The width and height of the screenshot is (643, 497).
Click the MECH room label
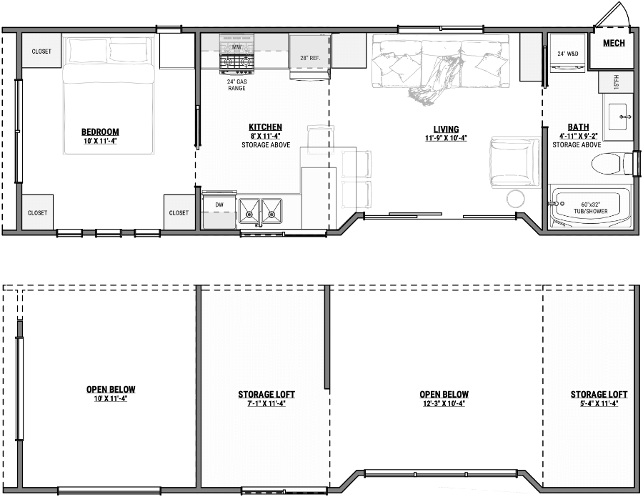point(614,44)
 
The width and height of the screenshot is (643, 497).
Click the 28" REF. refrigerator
point(309,56)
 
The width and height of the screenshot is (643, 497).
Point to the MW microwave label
point(236,47)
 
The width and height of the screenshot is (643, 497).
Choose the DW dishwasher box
point(219,209)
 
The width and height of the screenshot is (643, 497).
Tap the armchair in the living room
point(514,162)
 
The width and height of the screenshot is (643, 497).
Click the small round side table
point(516,198)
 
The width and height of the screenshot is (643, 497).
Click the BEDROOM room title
point(100,132)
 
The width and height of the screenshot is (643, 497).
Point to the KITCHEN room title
point(265,127)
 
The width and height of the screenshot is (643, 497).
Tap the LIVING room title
point(445,129)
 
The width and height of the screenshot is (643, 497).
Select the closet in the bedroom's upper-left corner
point(41,51)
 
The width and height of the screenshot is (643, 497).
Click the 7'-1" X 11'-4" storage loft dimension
point(266,403)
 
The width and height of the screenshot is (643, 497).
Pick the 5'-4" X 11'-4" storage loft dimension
point(599,403)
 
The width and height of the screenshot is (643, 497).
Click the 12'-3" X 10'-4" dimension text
point(444,403)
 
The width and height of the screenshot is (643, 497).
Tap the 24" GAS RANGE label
point(237,84)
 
